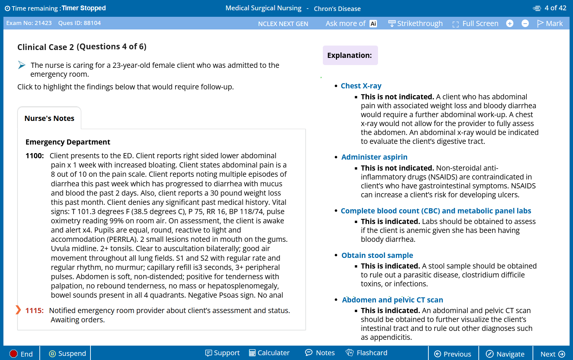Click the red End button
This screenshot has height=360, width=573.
pyautogui.click(x=21, y=354)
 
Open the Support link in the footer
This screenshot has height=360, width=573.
pyautogui.click(x=222, y=353)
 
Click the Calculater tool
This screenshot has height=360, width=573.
pyautogui.click(x=269, y=353)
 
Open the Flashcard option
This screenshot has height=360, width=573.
pyautogui.click(x=367, y=353)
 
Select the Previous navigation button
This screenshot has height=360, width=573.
pyautogui.click(x=453, y=354)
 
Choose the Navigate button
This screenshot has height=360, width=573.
pyautogui.click(x=505, y=354)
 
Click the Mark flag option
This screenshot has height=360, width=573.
pyautogui.click(x=550, y=23)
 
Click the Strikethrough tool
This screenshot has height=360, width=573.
pyautogui.click(x=415, y=23)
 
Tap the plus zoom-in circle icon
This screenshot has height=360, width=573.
pyautogui.click(x=510, y=23)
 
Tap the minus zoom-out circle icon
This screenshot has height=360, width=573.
pyautogui.click(x=525, y=23)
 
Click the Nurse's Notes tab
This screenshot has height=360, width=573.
pyautogui.click(x=49, y=118)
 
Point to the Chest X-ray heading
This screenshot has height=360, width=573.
pyautogui.click(x=361, y=86)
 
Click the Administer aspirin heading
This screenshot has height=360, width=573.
pyautogui.click(x=374, y=157)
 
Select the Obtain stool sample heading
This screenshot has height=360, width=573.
pyautogui.click(x=377, y=255)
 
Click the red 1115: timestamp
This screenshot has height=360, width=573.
pyautogui.click(x=34, y=310)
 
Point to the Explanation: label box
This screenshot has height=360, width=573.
pyautogui.click(x=350, y=55)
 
